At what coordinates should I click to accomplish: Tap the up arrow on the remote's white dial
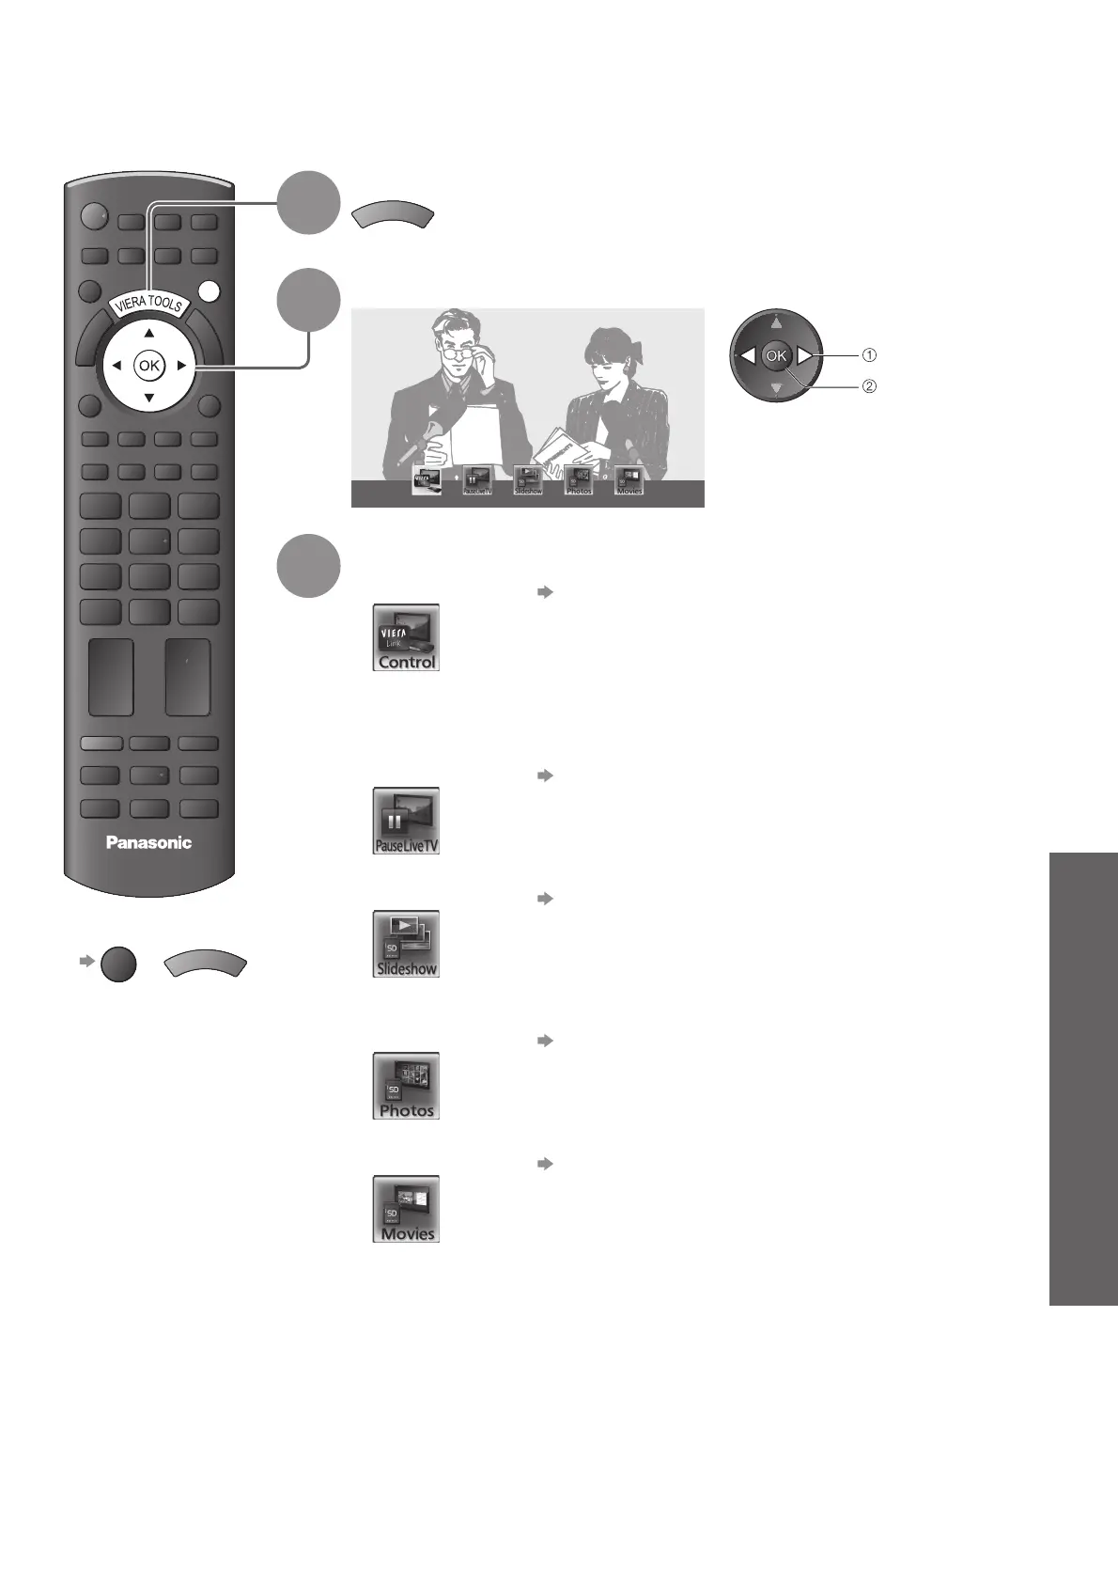click(148, 333)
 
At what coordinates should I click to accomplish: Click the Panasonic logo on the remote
click(148, 842)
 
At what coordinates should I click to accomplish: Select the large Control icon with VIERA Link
click(406, 637)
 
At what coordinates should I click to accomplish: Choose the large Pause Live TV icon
click(406, 821)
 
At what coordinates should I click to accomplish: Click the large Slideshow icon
click(406, 944)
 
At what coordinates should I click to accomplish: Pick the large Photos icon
click(406, 1086)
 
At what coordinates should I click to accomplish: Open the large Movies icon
click(406, 1209)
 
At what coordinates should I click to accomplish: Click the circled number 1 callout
click(869, 355)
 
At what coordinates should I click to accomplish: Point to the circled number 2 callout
click(869, 386)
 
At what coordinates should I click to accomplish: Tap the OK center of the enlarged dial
click(776, 356)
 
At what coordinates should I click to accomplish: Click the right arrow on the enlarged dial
click(805, 356)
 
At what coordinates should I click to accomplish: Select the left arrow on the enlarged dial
click(747, 356)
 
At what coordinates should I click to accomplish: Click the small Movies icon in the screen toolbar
click(629, 480)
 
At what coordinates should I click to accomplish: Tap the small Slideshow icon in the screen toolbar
click(528, 480)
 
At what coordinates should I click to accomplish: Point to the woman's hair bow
click(634, 350)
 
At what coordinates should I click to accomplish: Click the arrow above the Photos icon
click(542, 1041)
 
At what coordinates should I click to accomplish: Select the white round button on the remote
click(210, 291)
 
